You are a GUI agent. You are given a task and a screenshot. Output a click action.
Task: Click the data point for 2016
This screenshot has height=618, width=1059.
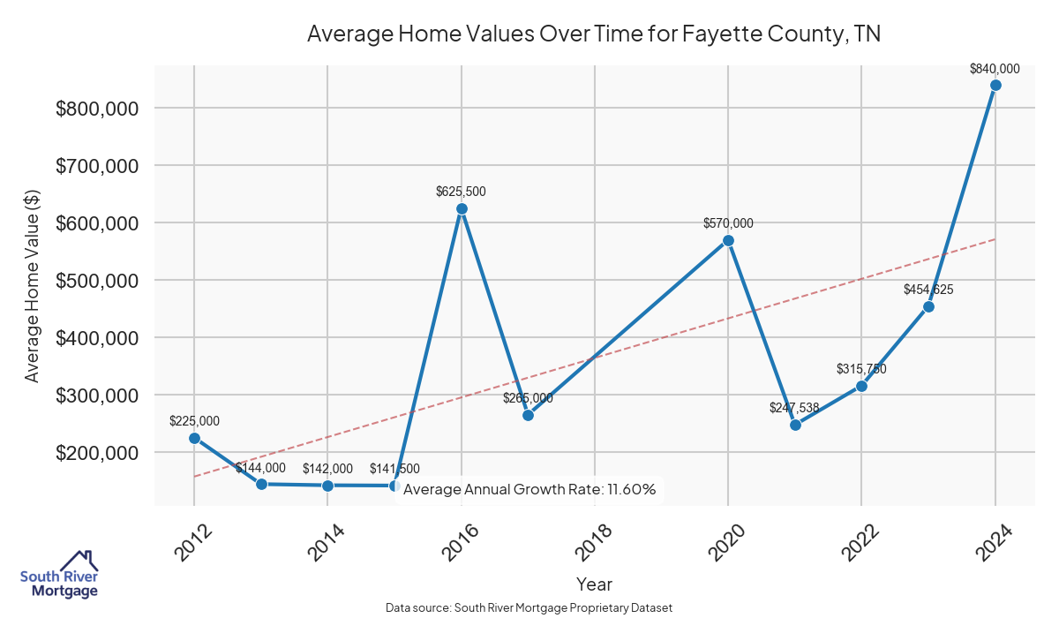(462, 209)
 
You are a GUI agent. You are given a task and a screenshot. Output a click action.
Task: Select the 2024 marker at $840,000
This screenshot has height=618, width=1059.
(995, 86)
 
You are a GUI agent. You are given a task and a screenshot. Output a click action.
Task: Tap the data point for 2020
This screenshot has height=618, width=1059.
(728, 240)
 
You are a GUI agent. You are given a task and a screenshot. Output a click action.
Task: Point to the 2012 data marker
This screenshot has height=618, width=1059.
(194, 438)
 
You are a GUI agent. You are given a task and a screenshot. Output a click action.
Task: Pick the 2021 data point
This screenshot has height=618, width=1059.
(795, 425)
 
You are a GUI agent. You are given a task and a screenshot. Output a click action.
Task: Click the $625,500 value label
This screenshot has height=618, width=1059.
(461, 191)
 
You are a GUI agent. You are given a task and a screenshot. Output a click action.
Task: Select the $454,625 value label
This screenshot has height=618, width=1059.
(928, 289)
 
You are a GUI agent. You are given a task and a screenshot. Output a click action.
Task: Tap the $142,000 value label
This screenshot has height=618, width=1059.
(327, 469)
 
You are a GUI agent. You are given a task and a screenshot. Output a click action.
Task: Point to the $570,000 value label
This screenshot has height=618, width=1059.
(728, 223)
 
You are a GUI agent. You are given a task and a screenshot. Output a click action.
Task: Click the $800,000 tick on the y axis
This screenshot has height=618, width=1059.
(96, 109)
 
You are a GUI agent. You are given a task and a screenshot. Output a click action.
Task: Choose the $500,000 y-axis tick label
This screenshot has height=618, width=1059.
(96, 281)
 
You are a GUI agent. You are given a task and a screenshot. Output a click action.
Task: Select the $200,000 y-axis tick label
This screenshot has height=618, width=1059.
(96, 453)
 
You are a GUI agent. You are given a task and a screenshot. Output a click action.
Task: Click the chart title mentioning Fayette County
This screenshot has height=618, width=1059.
(594, 34)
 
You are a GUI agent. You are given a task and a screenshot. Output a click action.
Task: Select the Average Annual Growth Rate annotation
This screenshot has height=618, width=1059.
(529, 489)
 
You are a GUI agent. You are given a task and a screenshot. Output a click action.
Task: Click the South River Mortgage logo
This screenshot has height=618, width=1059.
(59, 575)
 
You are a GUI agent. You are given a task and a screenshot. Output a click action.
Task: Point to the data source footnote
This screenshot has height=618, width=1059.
(529, 607)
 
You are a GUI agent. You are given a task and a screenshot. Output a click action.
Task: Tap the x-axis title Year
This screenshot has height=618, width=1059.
(594, 584)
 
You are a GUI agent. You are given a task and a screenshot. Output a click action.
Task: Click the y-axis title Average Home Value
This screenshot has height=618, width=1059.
(33, 285)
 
